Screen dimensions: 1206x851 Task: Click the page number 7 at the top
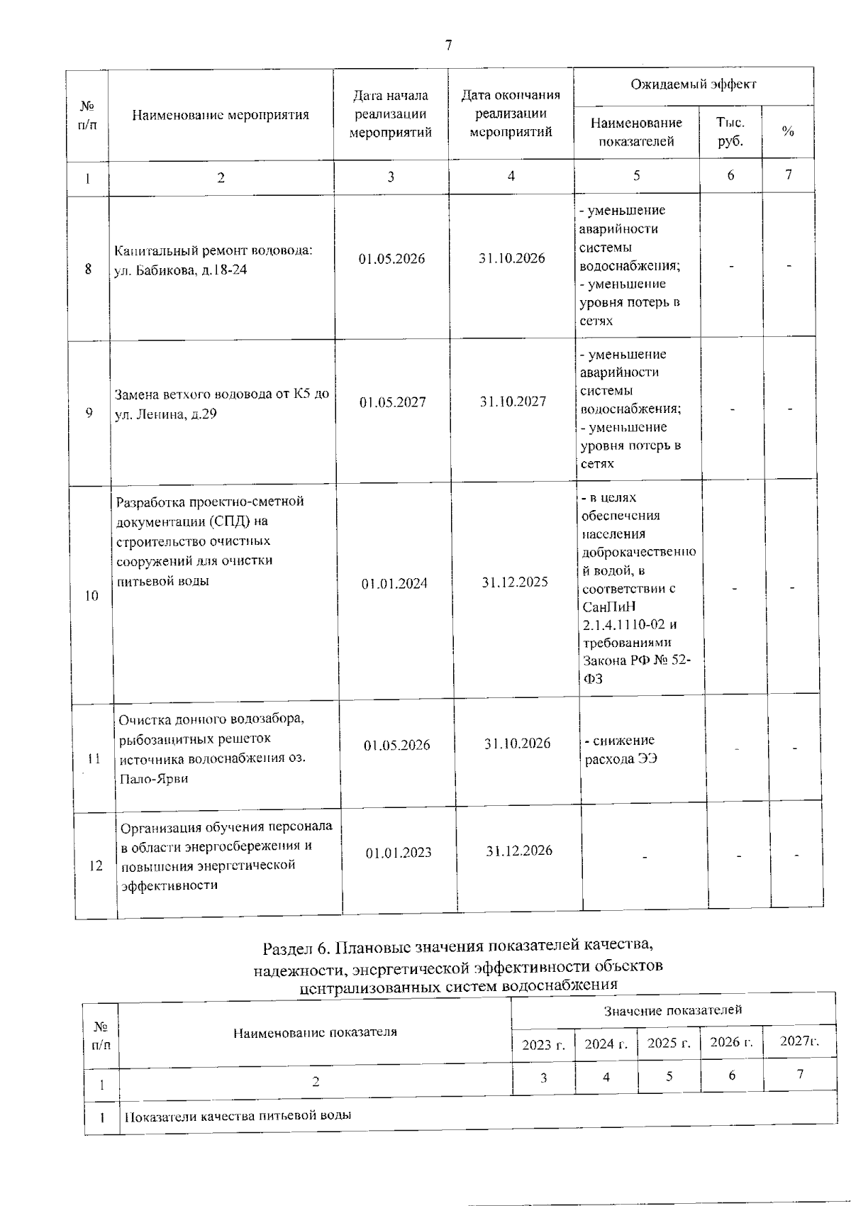[x=448, y=46]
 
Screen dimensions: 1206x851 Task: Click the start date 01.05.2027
[x=392, y=402]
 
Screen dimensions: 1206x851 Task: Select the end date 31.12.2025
[x=515, y=582]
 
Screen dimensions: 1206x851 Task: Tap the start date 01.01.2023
[x=399, y=853]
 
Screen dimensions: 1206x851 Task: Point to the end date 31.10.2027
[x=513, y=402]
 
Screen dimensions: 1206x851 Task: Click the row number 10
[x=91, y=596]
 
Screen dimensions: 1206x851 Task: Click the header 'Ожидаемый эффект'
[x=694, y=84]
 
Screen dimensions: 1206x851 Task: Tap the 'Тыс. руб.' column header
[x=730, y=132]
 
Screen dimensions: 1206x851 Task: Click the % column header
[x=788, y=132]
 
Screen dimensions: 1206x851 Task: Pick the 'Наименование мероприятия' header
[x=221, y=115]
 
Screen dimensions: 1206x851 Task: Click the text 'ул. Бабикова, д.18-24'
[x=181, y=270]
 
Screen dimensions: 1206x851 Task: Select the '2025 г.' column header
[x=669, y=1044]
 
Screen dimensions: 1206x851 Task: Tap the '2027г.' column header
[x=799, y=1041]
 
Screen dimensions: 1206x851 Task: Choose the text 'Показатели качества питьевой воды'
[x=238, y=1115]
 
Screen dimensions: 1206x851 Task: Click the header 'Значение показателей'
[x=673, y=1009]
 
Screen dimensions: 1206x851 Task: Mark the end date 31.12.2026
[x=519, y=851]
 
